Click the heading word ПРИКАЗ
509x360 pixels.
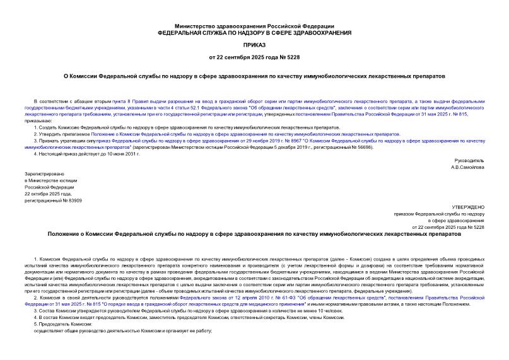click(254, 46)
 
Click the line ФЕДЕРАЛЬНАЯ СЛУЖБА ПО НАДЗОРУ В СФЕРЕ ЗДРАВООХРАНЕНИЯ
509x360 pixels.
click(254, 32)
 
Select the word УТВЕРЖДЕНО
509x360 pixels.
click(468, 206)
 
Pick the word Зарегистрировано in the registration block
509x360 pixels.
click(44, 172)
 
